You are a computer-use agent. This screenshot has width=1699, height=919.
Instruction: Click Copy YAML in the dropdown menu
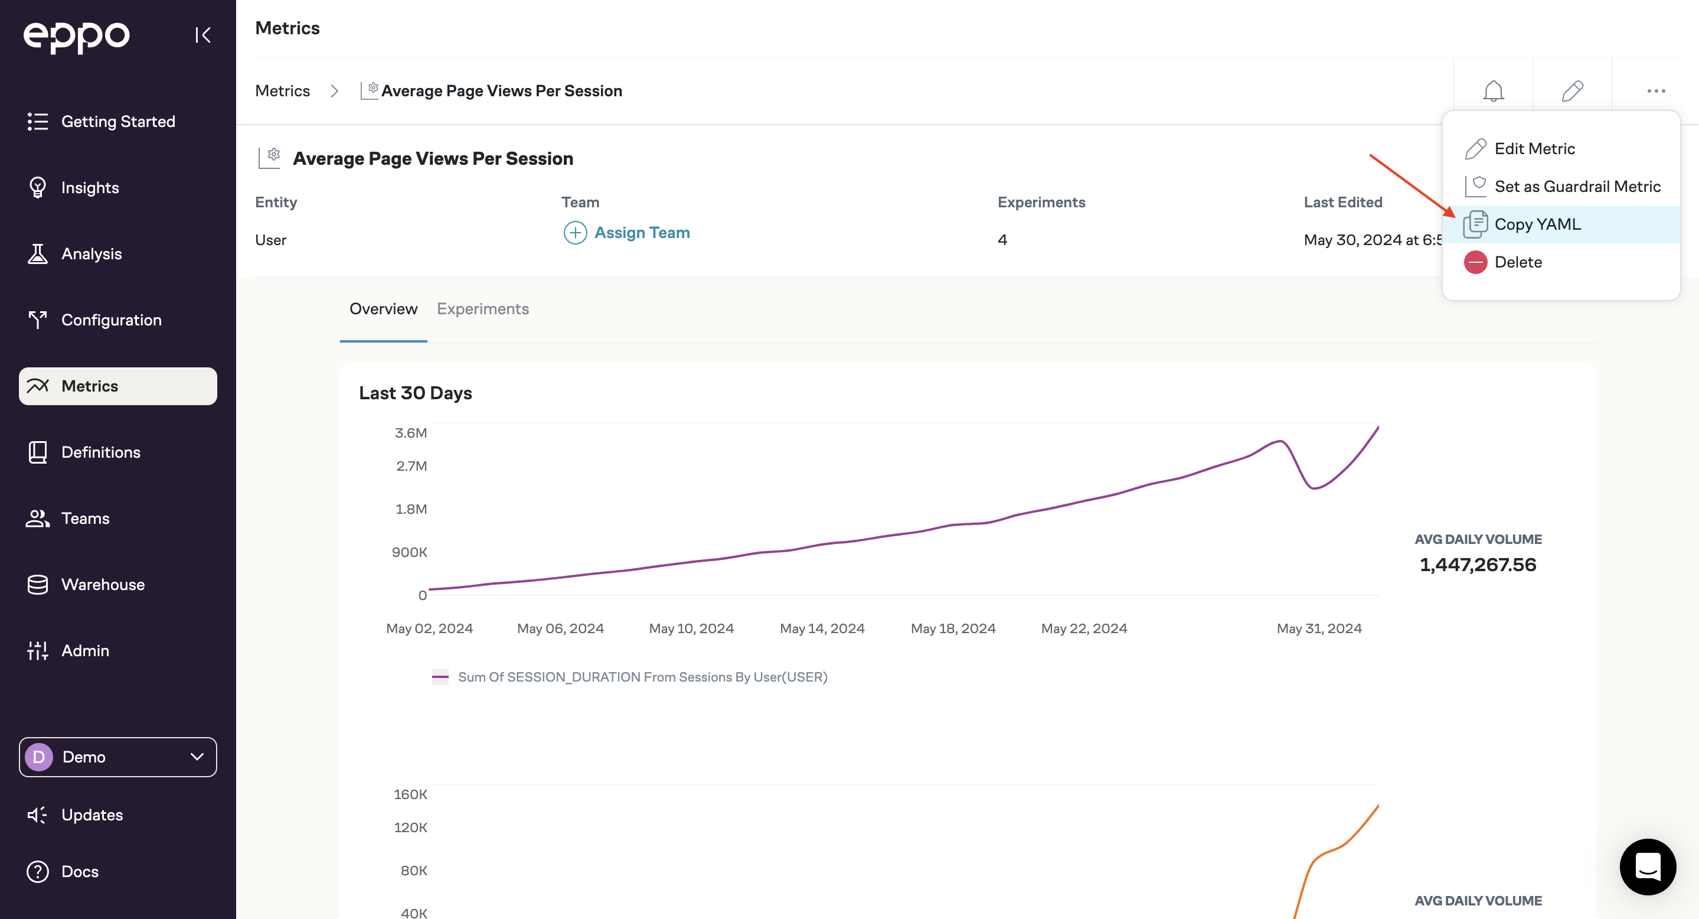tap(1537, 224)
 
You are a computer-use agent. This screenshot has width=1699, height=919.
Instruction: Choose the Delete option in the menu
tap(1518, 262)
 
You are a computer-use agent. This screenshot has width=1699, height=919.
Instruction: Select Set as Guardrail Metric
tap(1577, 187)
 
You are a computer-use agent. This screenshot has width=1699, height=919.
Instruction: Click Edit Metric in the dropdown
tap(1534, 149)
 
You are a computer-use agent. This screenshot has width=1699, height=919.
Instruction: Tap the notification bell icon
tap(1493, 91)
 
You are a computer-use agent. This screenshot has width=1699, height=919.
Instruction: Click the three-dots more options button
tap(1655, 91)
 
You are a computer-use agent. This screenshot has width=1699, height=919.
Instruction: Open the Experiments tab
tap(482, 309)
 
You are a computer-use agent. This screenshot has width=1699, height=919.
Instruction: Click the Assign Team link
tap(641, 233)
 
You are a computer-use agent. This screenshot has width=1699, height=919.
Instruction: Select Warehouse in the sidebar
tap(102, 585)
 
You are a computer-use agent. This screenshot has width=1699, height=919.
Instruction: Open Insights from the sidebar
tap(90, 188)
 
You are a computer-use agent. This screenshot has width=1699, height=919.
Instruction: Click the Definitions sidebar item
tap(100, 452)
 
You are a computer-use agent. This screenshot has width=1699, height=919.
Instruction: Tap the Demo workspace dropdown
tap(117, 757)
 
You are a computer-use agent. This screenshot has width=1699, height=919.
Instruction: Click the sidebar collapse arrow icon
tap(203, 35)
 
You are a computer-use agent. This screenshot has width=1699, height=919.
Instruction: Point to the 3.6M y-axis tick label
tap(410, 433)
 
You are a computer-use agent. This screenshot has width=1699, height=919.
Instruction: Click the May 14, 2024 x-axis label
tap(822, 628)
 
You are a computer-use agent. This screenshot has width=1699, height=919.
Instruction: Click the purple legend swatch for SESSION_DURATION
tap(440, 677)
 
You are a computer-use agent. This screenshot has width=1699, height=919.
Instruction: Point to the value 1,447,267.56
tap(1478, 565)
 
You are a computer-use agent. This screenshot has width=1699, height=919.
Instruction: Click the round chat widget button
tap(1648, 867)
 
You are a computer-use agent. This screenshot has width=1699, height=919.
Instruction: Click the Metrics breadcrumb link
tap(282, 91)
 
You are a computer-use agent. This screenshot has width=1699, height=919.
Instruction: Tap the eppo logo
tap(77, 36)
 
